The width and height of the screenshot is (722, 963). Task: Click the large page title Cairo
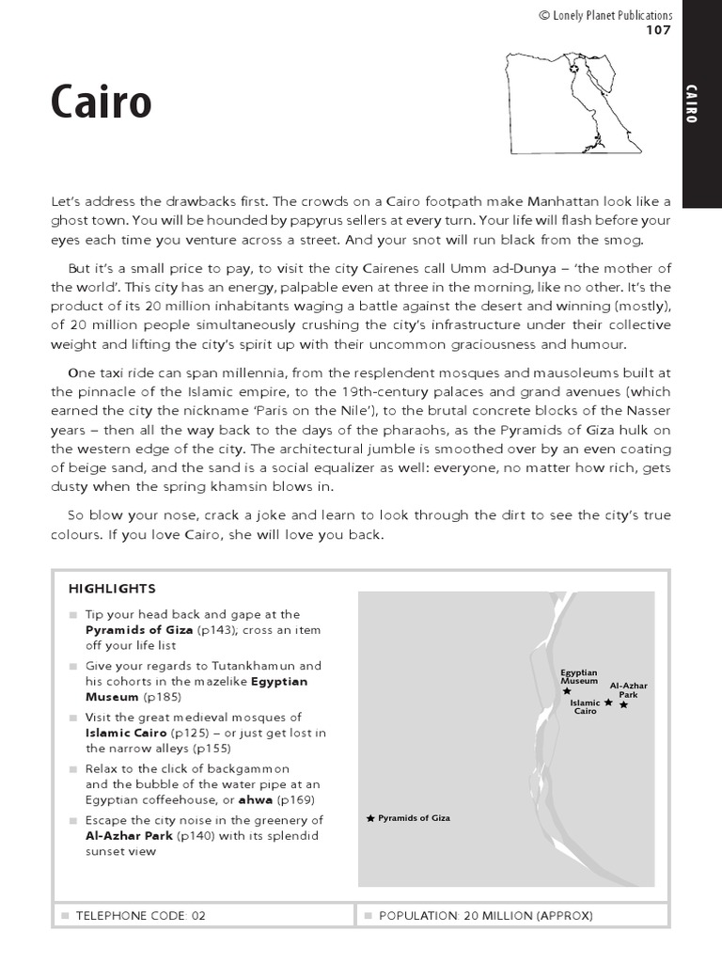click(101, 102)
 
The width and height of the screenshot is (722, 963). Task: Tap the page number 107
click(658, 30)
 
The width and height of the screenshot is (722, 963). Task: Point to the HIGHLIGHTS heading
click(112, 589)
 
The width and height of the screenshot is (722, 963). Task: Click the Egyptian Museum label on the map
click(579, 676)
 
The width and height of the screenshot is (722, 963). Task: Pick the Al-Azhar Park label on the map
click(628, 690)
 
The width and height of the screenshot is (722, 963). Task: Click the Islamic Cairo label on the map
click(585, 707)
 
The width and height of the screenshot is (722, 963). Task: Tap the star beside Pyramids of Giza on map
click(371, 818)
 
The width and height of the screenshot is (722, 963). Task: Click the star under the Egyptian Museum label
click(567, 691)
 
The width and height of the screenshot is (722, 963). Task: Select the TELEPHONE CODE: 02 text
click(140, 914)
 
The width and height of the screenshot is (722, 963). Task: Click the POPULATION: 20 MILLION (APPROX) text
click(485, 914)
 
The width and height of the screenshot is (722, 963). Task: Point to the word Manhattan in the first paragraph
click(562, 202)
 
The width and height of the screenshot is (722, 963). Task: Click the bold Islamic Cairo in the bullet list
click(126, 732)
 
